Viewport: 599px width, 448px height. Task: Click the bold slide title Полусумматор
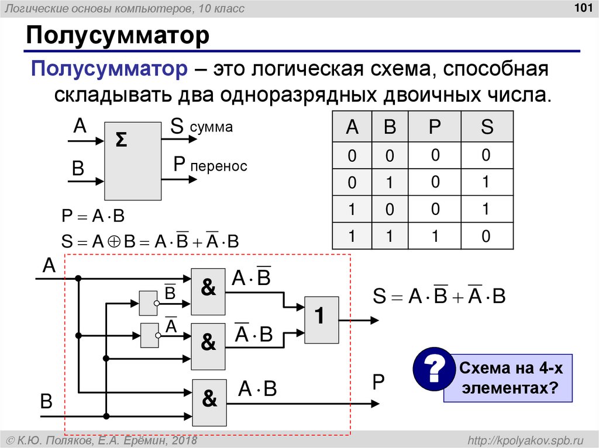(117, 36)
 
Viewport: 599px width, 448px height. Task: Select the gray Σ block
(133, 161)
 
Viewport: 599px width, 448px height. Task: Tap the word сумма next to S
(211, 128)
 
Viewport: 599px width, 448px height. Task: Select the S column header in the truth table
(487, 127)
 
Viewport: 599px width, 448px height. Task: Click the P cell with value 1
(435, 235)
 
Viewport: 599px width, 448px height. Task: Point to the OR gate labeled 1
(321, 318)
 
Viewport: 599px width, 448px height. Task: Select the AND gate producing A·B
(209, 402)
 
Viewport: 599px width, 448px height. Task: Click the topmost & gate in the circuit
(208, 291)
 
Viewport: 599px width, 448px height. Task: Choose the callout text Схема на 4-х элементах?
(507, 378)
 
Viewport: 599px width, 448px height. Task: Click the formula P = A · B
(94, 217)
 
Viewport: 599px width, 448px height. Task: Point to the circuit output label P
(378, 383)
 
